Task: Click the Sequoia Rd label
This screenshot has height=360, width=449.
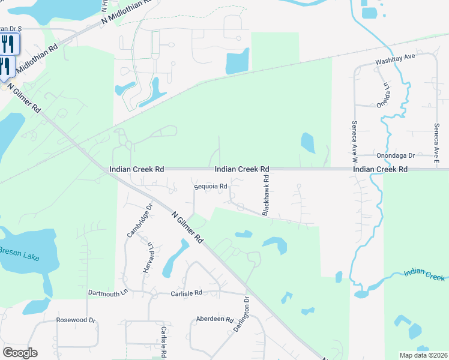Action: click(x=210, y=187)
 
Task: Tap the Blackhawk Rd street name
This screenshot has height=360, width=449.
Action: click(x=265, y=196)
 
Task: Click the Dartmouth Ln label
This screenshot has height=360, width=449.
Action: click(x=108, y=293)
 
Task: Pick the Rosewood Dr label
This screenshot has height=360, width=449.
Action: click(x=76, y=320)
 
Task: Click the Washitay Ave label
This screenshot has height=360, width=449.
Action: click(x=396, y=58)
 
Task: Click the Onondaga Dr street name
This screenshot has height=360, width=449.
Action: click(x=396, y=155)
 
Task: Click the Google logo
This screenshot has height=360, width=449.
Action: click(x=20, y=353)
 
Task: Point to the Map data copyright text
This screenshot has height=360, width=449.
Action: click(x=423, y=355)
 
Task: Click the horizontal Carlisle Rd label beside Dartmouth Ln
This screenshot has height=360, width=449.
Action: click(x=186, y=293)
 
